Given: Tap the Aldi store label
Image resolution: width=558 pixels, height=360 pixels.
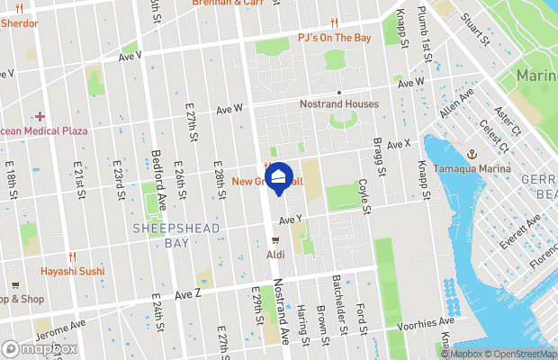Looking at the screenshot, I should pyautogui.click(x=275, y=255).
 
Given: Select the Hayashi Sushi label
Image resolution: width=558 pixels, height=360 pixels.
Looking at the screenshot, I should pyautogui.click(x=72, y=270).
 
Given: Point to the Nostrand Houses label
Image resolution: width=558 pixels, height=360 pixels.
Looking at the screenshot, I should pyautogui.click(x=338, y=103).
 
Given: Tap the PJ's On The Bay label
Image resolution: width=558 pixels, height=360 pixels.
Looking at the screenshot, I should pyautogui.click(x=334, y=38).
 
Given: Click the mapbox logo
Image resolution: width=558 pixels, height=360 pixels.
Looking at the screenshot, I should pyautogui.click(x=39, y=347).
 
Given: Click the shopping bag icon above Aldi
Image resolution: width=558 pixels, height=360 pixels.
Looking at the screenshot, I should pyautogui.click(x=275, y=240).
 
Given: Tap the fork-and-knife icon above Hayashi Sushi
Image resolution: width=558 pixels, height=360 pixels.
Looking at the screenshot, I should pyautogui.click(x=72, y=256).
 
